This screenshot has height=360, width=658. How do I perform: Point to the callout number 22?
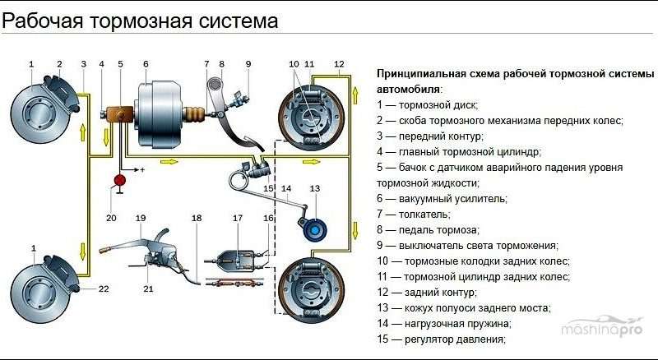tap(104, 288)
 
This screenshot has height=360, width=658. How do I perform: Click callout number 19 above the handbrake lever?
tap(141, 218)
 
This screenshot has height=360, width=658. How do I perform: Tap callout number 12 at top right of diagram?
tap(339, 64)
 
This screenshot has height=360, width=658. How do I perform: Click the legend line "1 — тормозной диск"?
tap(427, 104)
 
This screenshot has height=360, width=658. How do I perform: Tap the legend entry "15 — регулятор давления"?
tap(440, 339)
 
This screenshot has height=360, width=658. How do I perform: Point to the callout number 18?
tap(196, 218)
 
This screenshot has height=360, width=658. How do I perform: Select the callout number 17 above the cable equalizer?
tap(238, 218)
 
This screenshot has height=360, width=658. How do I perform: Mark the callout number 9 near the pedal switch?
tap(248, 64)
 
